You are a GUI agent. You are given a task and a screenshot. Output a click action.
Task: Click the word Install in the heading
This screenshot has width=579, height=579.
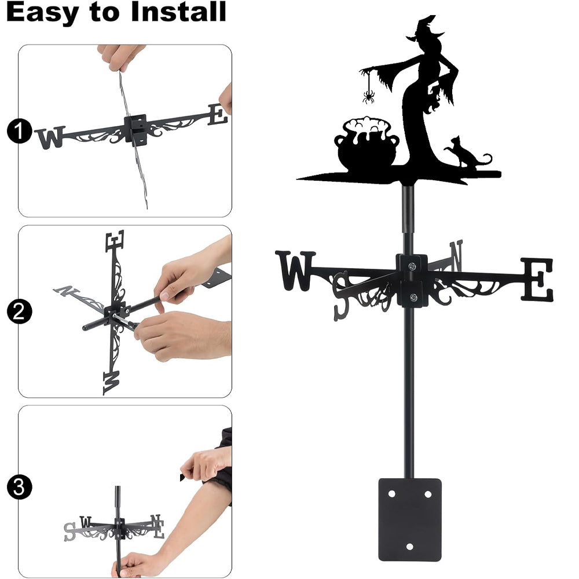pos(178,12)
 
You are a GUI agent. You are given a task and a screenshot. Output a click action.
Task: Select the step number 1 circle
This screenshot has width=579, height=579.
pos(19,131)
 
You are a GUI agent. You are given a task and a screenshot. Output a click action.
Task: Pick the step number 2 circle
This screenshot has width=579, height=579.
pos(19,312)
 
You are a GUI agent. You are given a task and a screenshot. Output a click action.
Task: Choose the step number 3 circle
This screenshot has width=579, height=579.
pos(19,487)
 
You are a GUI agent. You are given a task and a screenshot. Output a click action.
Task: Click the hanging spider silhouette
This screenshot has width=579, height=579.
pos(368,96)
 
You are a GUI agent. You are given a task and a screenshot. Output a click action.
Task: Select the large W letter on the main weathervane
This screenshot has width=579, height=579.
pos(295,270)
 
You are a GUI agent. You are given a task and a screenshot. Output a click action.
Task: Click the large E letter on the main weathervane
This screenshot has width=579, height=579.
pos(537,280)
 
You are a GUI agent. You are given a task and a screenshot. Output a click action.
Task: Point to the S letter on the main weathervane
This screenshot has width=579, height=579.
pos(341,296)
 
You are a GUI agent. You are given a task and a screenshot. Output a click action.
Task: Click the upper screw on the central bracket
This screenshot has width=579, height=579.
pos(412,266)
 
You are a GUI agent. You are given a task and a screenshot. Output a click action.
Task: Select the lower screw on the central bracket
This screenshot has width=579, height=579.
pos(413,296)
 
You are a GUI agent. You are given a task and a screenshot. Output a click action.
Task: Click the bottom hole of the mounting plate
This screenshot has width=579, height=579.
pos(409,547)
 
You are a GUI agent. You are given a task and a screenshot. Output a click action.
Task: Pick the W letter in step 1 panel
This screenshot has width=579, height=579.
pos(50,138)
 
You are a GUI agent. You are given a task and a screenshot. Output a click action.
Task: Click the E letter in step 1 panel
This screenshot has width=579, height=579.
pos(218,115)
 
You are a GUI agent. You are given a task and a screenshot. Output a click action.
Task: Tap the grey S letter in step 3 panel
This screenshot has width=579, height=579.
pos(69,532)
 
